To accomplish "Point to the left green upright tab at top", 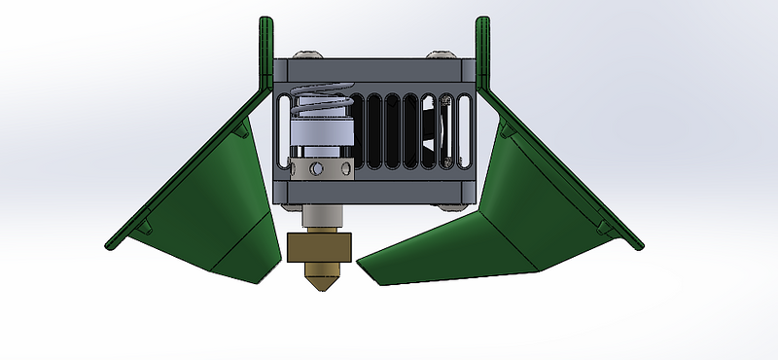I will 265,49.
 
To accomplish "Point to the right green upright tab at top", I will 480,49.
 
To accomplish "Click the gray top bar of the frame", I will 374,71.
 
